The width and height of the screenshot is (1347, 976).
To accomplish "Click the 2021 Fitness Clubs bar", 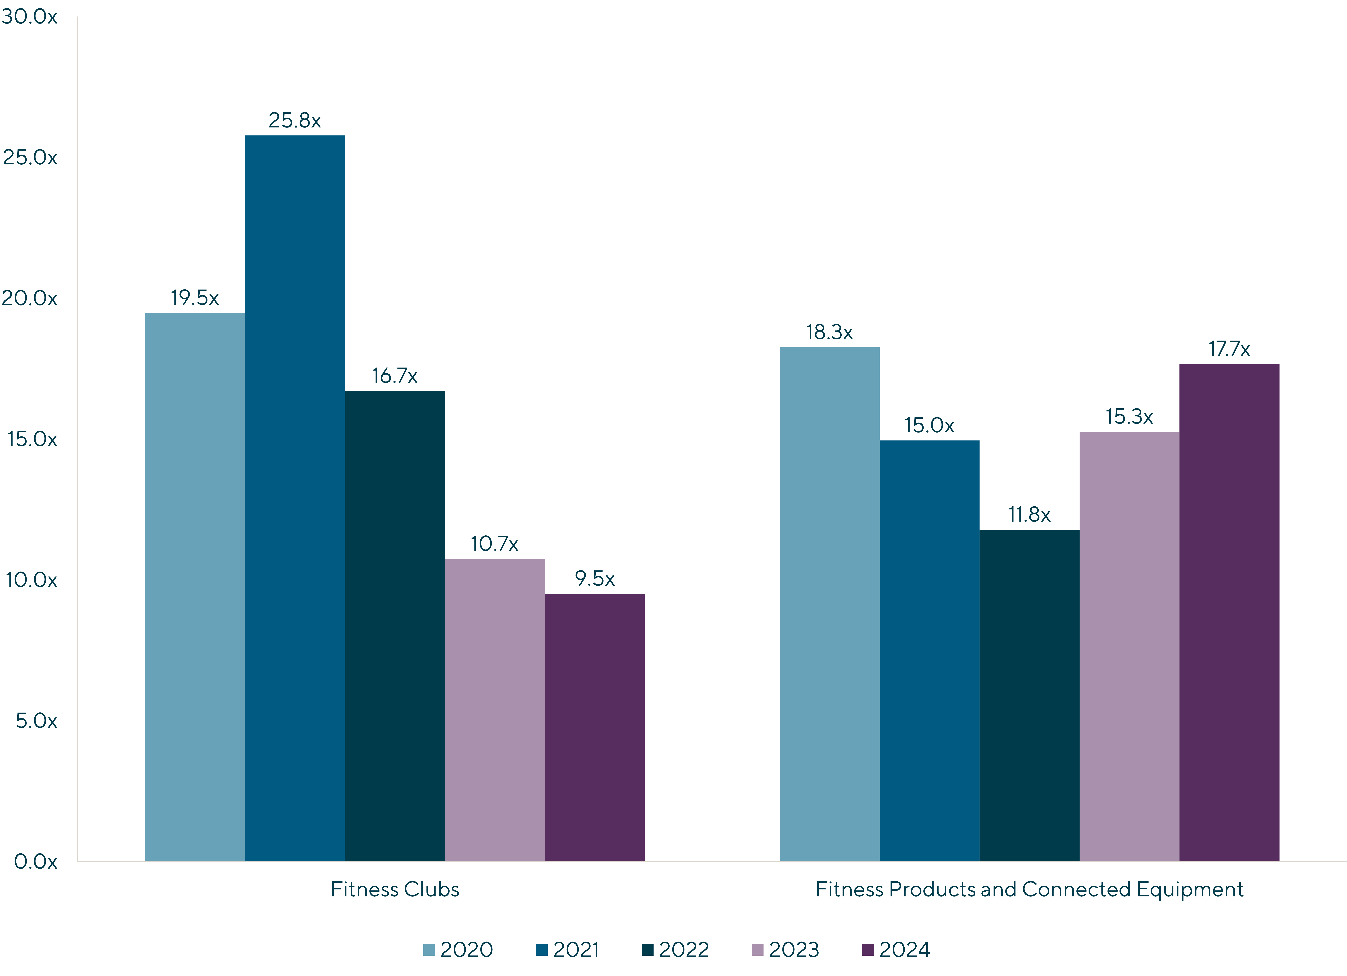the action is tap(295, 498).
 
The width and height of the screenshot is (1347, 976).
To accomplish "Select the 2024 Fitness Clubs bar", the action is tap(595, 727).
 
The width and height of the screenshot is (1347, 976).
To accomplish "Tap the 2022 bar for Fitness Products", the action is tap(1029, 695).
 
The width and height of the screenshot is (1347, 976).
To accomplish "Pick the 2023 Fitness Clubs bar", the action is tap(495, 710).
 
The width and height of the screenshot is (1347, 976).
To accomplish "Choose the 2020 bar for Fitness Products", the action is tap(829, 604).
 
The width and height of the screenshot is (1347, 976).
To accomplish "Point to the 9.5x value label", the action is tap(595, 578).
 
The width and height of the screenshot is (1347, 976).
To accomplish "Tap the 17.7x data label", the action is tap(1229, 349).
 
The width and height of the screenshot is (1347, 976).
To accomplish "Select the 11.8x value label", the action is tap(1029, 514).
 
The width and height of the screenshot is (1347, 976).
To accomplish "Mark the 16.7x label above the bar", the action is tap(394, 375).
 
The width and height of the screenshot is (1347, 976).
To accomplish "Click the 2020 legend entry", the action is tap(458, 949).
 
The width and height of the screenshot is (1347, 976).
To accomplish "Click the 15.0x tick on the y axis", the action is tap(32, 439).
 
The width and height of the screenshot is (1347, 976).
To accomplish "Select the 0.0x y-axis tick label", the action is tap(36, 861).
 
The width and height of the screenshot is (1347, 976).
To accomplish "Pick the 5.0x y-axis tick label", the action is tap(36, 721).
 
